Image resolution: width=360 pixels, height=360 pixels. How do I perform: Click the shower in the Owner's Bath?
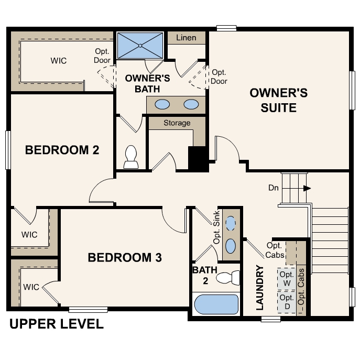(140, 46)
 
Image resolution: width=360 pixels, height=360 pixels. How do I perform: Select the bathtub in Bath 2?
(216, 304)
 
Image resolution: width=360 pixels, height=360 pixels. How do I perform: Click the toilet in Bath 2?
(228, 278)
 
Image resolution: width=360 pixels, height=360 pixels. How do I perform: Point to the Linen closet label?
(186, 38)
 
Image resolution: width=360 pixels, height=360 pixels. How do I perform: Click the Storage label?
(177, 123)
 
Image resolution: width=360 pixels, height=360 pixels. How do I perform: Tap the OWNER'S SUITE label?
(278, 100)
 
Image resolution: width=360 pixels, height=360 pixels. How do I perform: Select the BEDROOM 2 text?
(62, 150)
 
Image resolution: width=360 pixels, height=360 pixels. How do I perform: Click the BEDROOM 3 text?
(124, 258)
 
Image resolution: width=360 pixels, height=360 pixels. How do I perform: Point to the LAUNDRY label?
(259, 288)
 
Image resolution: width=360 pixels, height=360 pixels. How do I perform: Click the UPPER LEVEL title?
(56, 324)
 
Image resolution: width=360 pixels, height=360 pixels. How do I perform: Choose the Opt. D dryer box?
(286, 302)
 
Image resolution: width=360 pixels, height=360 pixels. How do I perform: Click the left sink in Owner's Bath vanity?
(163, 104)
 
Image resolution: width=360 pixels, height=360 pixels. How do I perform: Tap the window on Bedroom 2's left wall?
(8, 150)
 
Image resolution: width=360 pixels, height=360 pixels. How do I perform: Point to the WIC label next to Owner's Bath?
(59, 60)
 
